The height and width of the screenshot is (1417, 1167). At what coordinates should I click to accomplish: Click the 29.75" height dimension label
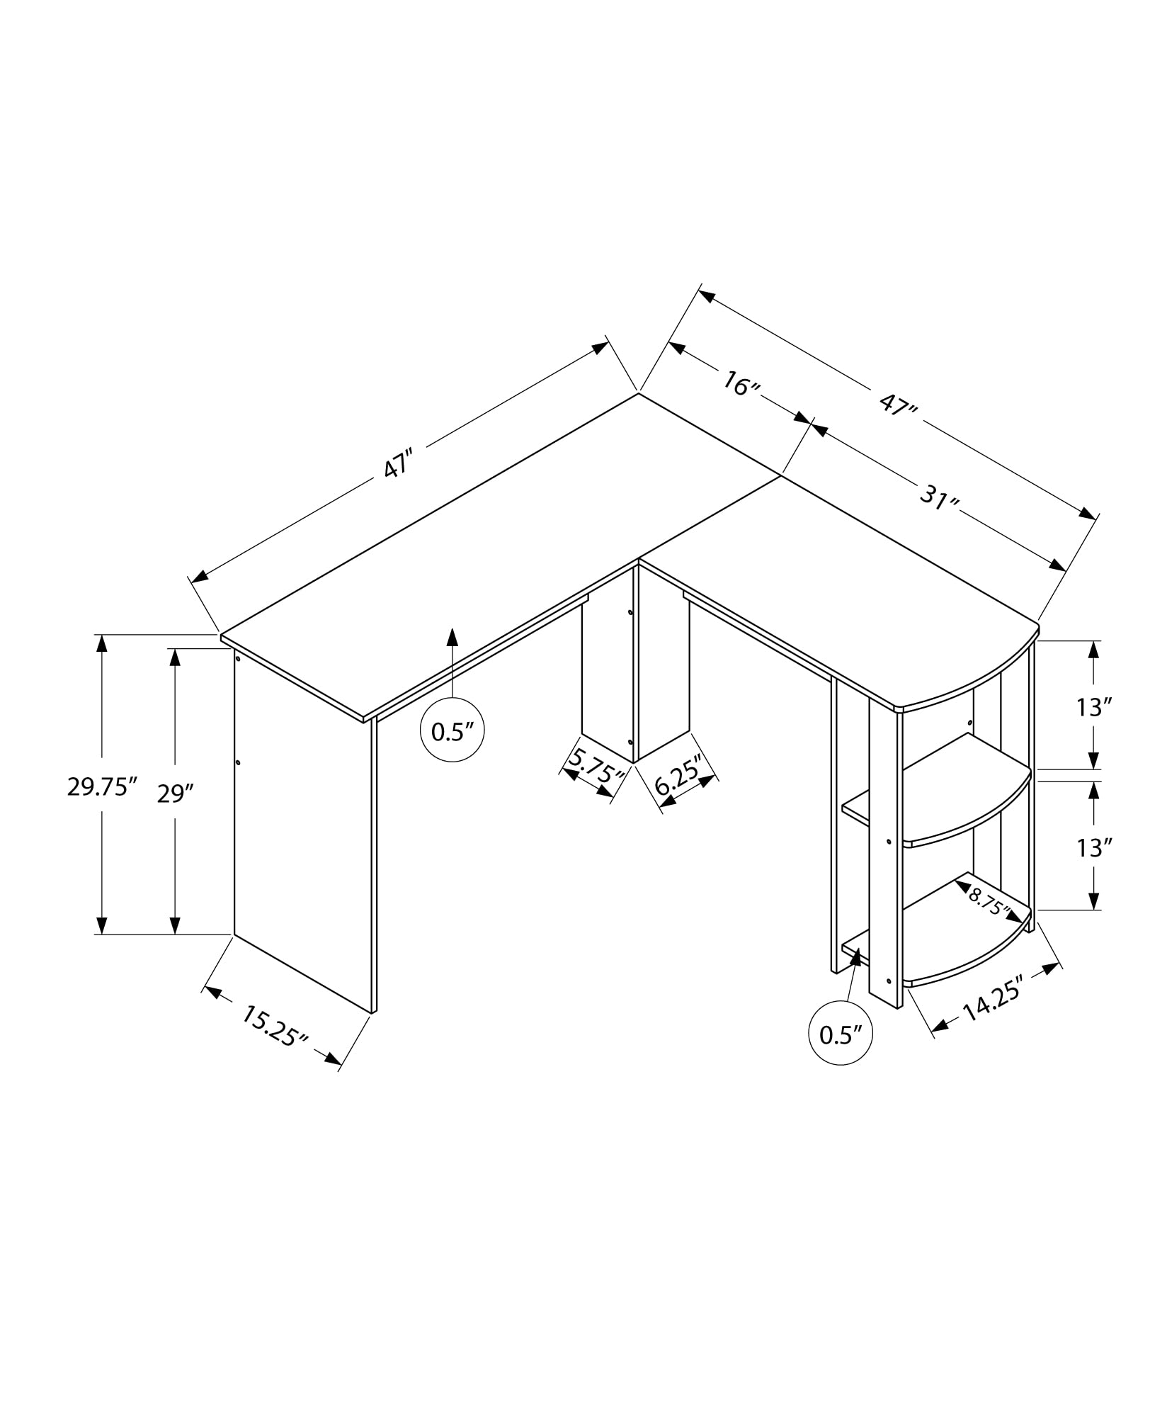pyautogui.click(x=101, y=786)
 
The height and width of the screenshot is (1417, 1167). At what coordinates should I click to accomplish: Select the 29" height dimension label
pyautogui.click(x=175, y=794)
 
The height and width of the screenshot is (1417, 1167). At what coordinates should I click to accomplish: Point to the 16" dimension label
pyautogui.click(x=741, y=385)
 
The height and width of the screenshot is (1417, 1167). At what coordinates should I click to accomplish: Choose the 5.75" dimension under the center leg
pyautogui.click(x=596, y=767)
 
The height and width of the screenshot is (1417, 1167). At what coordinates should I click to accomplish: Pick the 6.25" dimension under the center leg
pyautogui.click(x=678, y=776)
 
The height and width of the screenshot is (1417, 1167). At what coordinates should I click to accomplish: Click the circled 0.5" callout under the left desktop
pyautogui.click(x=452, y=732)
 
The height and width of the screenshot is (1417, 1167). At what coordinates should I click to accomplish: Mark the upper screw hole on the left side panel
pyautogui.click(x=238, y=659)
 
